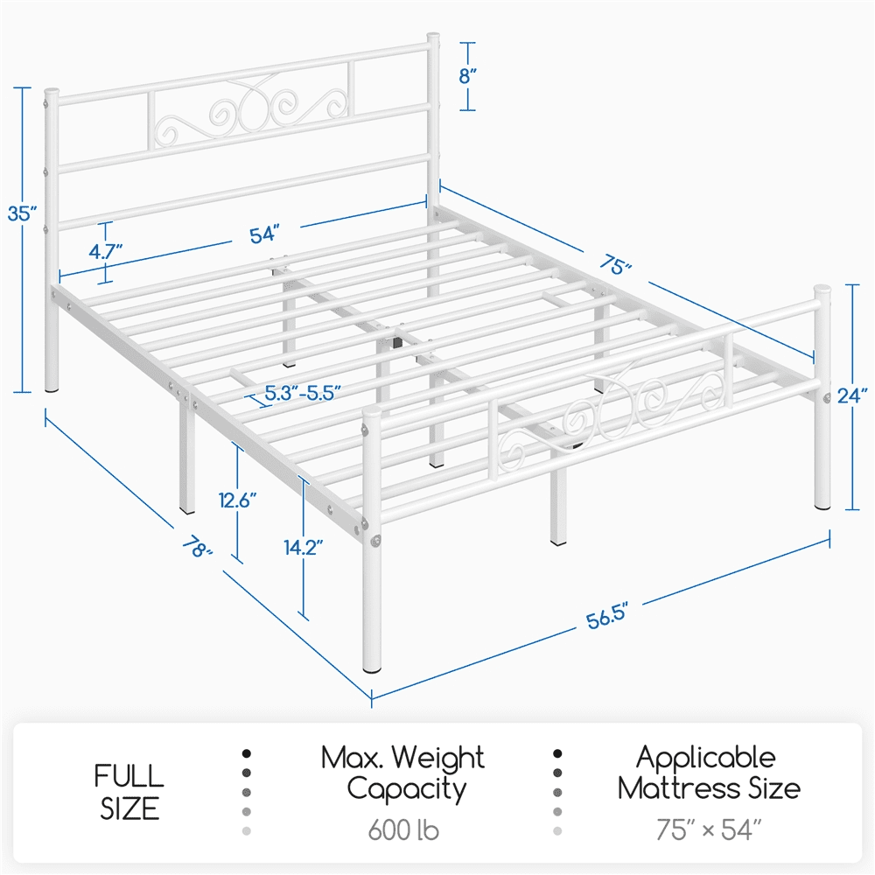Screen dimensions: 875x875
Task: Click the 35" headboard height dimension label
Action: [20, 213]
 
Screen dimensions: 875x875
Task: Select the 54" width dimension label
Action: [263, 234]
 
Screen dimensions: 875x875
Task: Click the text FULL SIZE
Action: [129, 792]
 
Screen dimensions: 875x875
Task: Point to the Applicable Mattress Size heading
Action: [708, 773]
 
